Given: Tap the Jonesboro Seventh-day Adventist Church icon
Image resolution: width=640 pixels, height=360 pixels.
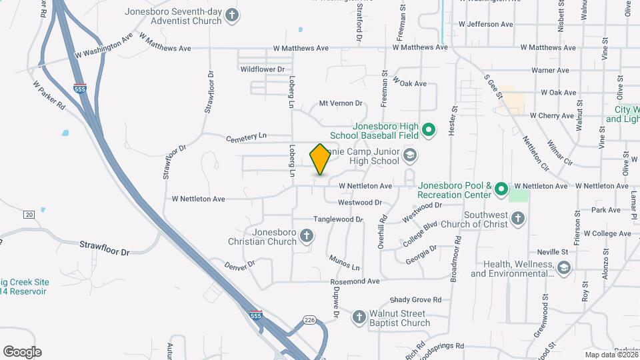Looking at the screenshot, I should (x=231, y=15).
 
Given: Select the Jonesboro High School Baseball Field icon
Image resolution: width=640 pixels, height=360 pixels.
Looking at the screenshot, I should (x=429, y=129).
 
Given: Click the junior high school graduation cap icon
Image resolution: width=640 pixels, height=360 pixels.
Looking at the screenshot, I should (x=409, y=157).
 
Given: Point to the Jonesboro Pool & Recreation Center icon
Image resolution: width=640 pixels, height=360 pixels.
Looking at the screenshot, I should (x=501, y=190).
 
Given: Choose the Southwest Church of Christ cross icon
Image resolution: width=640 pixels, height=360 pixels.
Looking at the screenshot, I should (x=518, y=219).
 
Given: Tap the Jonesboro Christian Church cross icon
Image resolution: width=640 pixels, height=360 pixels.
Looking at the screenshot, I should (x=306, y=236).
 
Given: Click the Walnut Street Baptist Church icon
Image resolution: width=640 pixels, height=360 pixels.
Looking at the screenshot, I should (x=359, y=318).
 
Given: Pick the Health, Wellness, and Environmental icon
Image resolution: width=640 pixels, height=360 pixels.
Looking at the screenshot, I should (x=564, y=268).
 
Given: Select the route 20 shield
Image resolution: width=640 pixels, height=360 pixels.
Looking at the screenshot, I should (x=29, y=214).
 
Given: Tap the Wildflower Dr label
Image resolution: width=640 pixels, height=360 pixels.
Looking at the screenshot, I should (x=263, y=69).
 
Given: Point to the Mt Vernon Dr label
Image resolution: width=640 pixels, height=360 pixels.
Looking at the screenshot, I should (x=340, y=103).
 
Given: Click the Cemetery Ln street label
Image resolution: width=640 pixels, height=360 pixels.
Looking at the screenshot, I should (x=246, y=137).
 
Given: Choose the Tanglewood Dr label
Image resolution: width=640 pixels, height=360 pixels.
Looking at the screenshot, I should (x=338, y=219).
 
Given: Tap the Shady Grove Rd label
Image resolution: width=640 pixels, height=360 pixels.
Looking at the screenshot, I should (x=416, y=300).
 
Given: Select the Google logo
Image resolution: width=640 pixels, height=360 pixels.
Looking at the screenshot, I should (x=22, y=352).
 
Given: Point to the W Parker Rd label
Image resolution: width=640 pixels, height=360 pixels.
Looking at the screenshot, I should (x=49, y=96).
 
